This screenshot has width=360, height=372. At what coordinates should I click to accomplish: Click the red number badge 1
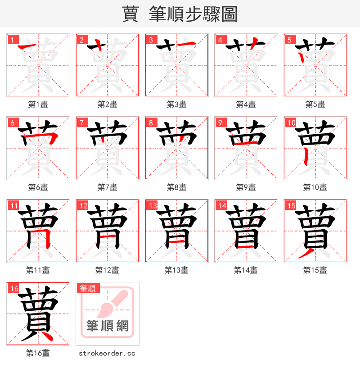coord(12,40)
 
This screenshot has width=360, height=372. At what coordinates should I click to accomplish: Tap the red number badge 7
coord(81,122)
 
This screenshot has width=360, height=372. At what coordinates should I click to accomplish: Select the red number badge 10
coord(291,122)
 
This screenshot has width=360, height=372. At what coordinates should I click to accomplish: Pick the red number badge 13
coord(152,205)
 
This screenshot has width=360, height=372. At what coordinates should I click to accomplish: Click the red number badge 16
coord(13,288)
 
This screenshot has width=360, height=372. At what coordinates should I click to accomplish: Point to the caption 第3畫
coord(176,104)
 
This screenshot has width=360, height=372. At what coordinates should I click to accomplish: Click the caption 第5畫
coord(315,104)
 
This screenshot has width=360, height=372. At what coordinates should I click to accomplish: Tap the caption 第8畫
coord(176,187)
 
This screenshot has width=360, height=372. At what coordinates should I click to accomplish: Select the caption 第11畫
coord(38,270)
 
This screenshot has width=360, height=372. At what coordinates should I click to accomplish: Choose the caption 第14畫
coord(246,270)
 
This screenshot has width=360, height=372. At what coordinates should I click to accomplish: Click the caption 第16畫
coord(38,353)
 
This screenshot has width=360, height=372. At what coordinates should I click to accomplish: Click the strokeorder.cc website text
coord(107,354)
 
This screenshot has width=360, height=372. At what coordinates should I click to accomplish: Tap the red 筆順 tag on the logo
coord(88,288)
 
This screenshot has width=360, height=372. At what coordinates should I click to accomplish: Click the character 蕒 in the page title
coord(130,14)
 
